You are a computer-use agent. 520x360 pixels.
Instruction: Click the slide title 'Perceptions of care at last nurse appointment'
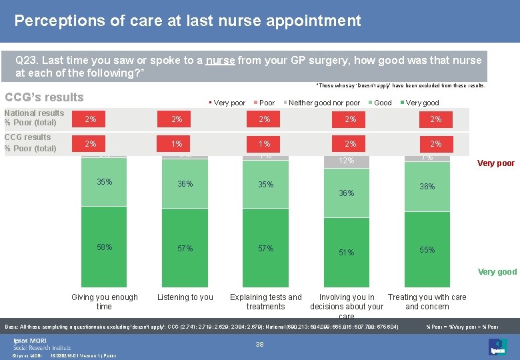tap(187, 21)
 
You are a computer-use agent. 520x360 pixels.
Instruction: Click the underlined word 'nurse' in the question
tap(220, 61)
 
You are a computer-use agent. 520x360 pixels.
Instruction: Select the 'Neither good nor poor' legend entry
tap(323, 103)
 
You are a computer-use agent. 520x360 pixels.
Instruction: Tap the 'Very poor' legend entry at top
tap(229, 103)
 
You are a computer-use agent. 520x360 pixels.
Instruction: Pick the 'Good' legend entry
tap(382, 103)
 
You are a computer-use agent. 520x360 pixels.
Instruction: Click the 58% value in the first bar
tap(104, 247)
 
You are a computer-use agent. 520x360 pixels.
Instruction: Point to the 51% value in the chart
tap(347, 253)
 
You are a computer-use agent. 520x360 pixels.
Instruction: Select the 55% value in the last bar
tap(427, 250)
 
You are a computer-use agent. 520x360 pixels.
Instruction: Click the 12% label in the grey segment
tap(347, 161)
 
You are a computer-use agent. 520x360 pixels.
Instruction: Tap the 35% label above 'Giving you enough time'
tap(104, 181)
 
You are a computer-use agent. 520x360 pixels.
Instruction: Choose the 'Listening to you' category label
tap(185, 297)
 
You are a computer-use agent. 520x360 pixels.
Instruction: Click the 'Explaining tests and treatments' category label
tap(265, 302)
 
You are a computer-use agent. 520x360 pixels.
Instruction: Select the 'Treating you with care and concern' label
tap(427, 302)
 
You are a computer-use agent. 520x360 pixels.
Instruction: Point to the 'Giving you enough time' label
tap(104, 302)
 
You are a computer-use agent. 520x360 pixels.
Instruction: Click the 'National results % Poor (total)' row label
tap(34, 118)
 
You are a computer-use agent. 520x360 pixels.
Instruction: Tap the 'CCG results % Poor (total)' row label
tap(30, 143)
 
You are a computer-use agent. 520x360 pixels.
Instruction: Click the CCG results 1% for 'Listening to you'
tap(177, 144)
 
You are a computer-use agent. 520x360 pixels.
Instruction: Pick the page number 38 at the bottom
tap(261, 345)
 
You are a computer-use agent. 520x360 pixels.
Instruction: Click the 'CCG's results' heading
tap(44, 97)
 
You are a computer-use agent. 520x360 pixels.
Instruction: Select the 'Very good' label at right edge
tap(497, 271)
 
